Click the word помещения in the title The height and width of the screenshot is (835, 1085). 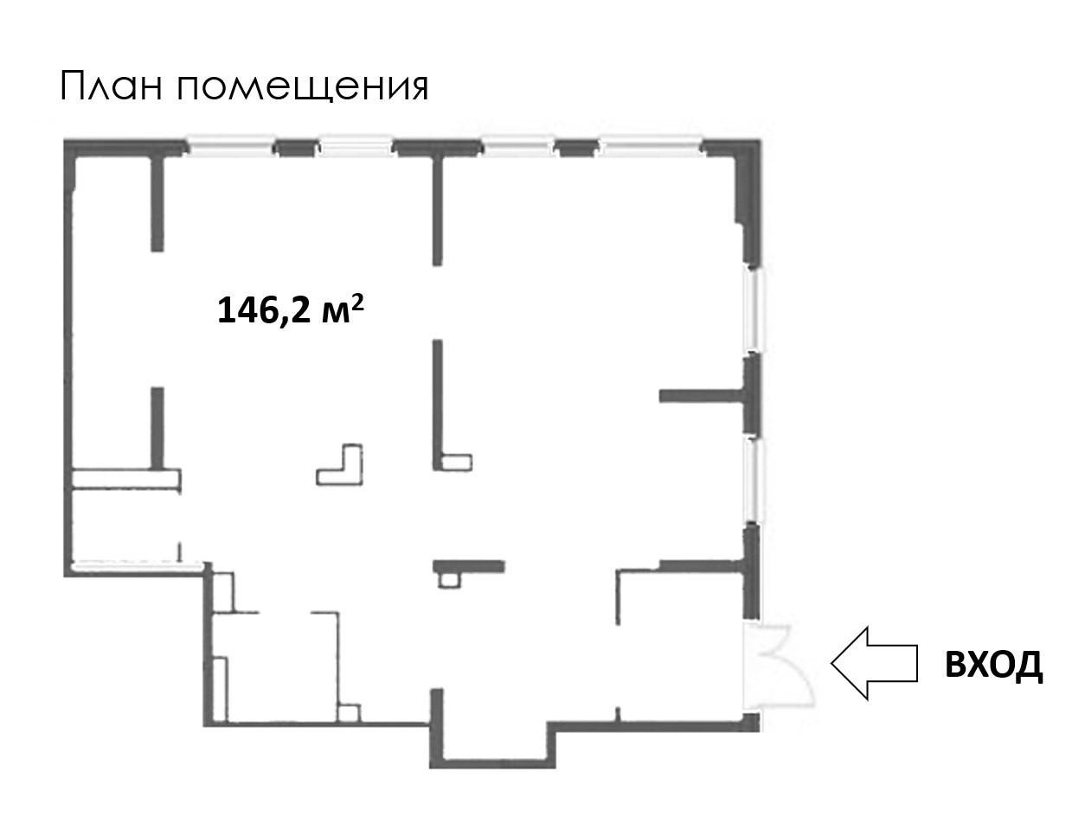304,88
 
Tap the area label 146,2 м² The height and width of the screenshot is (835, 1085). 288,309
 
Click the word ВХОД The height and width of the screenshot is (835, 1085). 993,665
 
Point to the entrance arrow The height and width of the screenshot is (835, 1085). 874,663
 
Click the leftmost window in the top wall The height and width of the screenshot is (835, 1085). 231,146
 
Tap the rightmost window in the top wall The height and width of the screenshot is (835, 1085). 651,146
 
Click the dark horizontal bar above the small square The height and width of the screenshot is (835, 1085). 468,566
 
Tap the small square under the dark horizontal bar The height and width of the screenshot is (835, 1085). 447,580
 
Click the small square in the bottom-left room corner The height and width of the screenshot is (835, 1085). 349,713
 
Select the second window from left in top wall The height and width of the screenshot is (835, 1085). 356,146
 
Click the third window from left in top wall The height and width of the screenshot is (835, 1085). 517,146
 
